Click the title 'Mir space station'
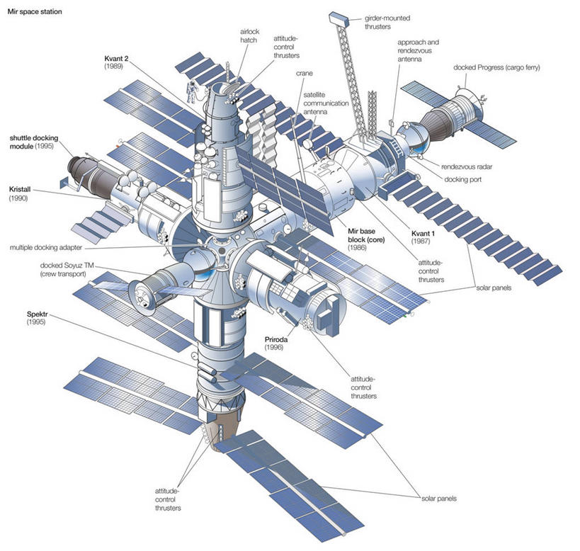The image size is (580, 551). coord(33,13)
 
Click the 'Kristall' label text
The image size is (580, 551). coord(24,191)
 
